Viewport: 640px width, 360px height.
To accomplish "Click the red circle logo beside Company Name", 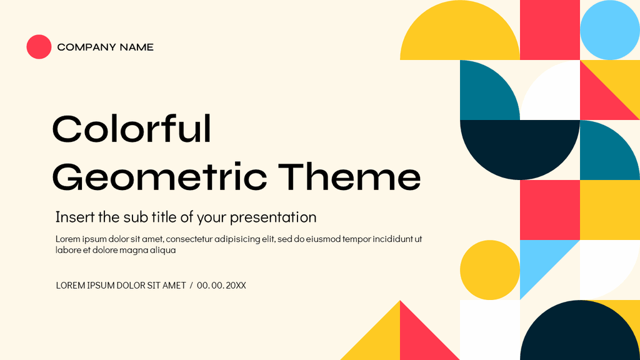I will [39, 47].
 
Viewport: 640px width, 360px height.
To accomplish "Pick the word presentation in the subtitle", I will [273, 217].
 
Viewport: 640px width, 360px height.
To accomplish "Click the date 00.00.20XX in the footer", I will [221, 286].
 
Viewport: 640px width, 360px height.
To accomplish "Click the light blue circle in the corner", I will [609, 30].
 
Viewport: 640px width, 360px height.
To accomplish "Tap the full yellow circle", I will [490, 270].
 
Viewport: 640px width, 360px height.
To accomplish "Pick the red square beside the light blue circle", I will [550, 30].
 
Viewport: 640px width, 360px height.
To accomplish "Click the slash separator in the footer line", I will [191, 286].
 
